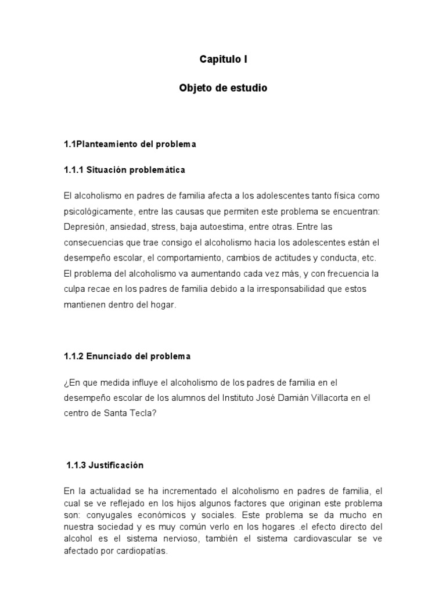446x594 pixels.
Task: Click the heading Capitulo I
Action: point(224,59)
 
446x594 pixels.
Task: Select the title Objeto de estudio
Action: point(224,89)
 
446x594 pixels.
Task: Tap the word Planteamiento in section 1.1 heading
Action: point(108,144)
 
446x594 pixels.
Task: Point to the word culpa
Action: point(75,288)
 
